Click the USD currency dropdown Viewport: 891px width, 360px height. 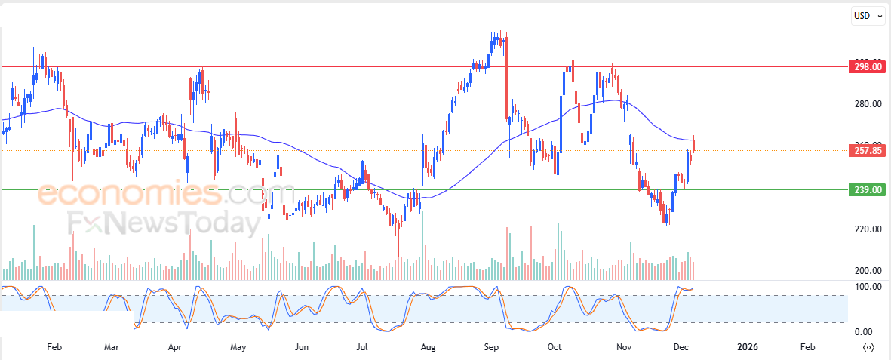tap(868, 16)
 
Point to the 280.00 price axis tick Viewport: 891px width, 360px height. tap(867, 104)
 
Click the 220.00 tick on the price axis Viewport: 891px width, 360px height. tap(867, 229)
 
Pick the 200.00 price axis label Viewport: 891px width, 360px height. tap(867, 271)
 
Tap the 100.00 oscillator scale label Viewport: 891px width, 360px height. tap(867, 287)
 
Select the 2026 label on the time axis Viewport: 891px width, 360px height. tap(747, 347)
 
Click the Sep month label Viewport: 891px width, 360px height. tap(491, 347)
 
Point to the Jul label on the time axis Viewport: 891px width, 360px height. tap(362, 347)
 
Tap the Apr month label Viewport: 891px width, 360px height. tap(175, 347)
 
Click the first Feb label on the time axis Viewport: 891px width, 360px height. tap(54, 347)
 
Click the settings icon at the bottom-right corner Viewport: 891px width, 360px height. tap(868, 347)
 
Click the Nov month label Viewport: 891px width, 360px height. tap(624, 347)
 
